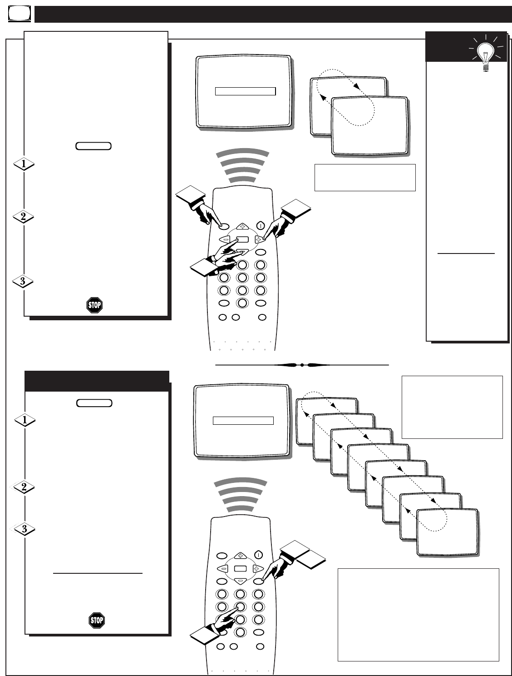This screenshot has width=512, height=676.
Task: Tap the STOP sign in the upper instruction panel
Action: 94,305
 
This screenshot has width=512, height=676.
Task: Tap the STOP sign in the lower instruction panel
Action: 97,620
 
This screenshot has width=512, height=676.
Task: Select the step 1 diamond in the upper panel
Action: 23,164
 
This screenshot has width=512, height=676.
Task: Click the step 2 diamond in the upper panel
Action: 23,217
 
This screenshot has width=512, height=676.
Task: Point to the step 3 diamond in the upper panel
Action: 23,282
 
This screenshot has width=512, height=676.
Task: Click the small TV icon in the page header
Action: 19,15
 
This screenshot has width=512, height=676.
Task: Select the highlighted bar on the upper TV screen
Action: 245,91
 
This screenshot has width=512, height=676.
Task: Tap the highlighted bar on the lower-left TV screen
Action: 243,421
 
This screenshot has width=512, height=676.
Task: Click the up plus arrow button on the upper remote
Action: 242,226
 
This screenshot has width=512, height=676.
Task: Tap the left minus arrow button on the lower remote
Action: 223,568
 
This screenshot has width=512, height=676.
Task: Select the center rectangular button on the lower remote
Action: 240,569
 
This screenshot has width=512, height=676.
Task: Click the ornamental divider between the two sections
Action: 302,364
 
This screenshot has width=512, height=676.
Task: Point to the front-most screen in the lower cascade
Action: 447,532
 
